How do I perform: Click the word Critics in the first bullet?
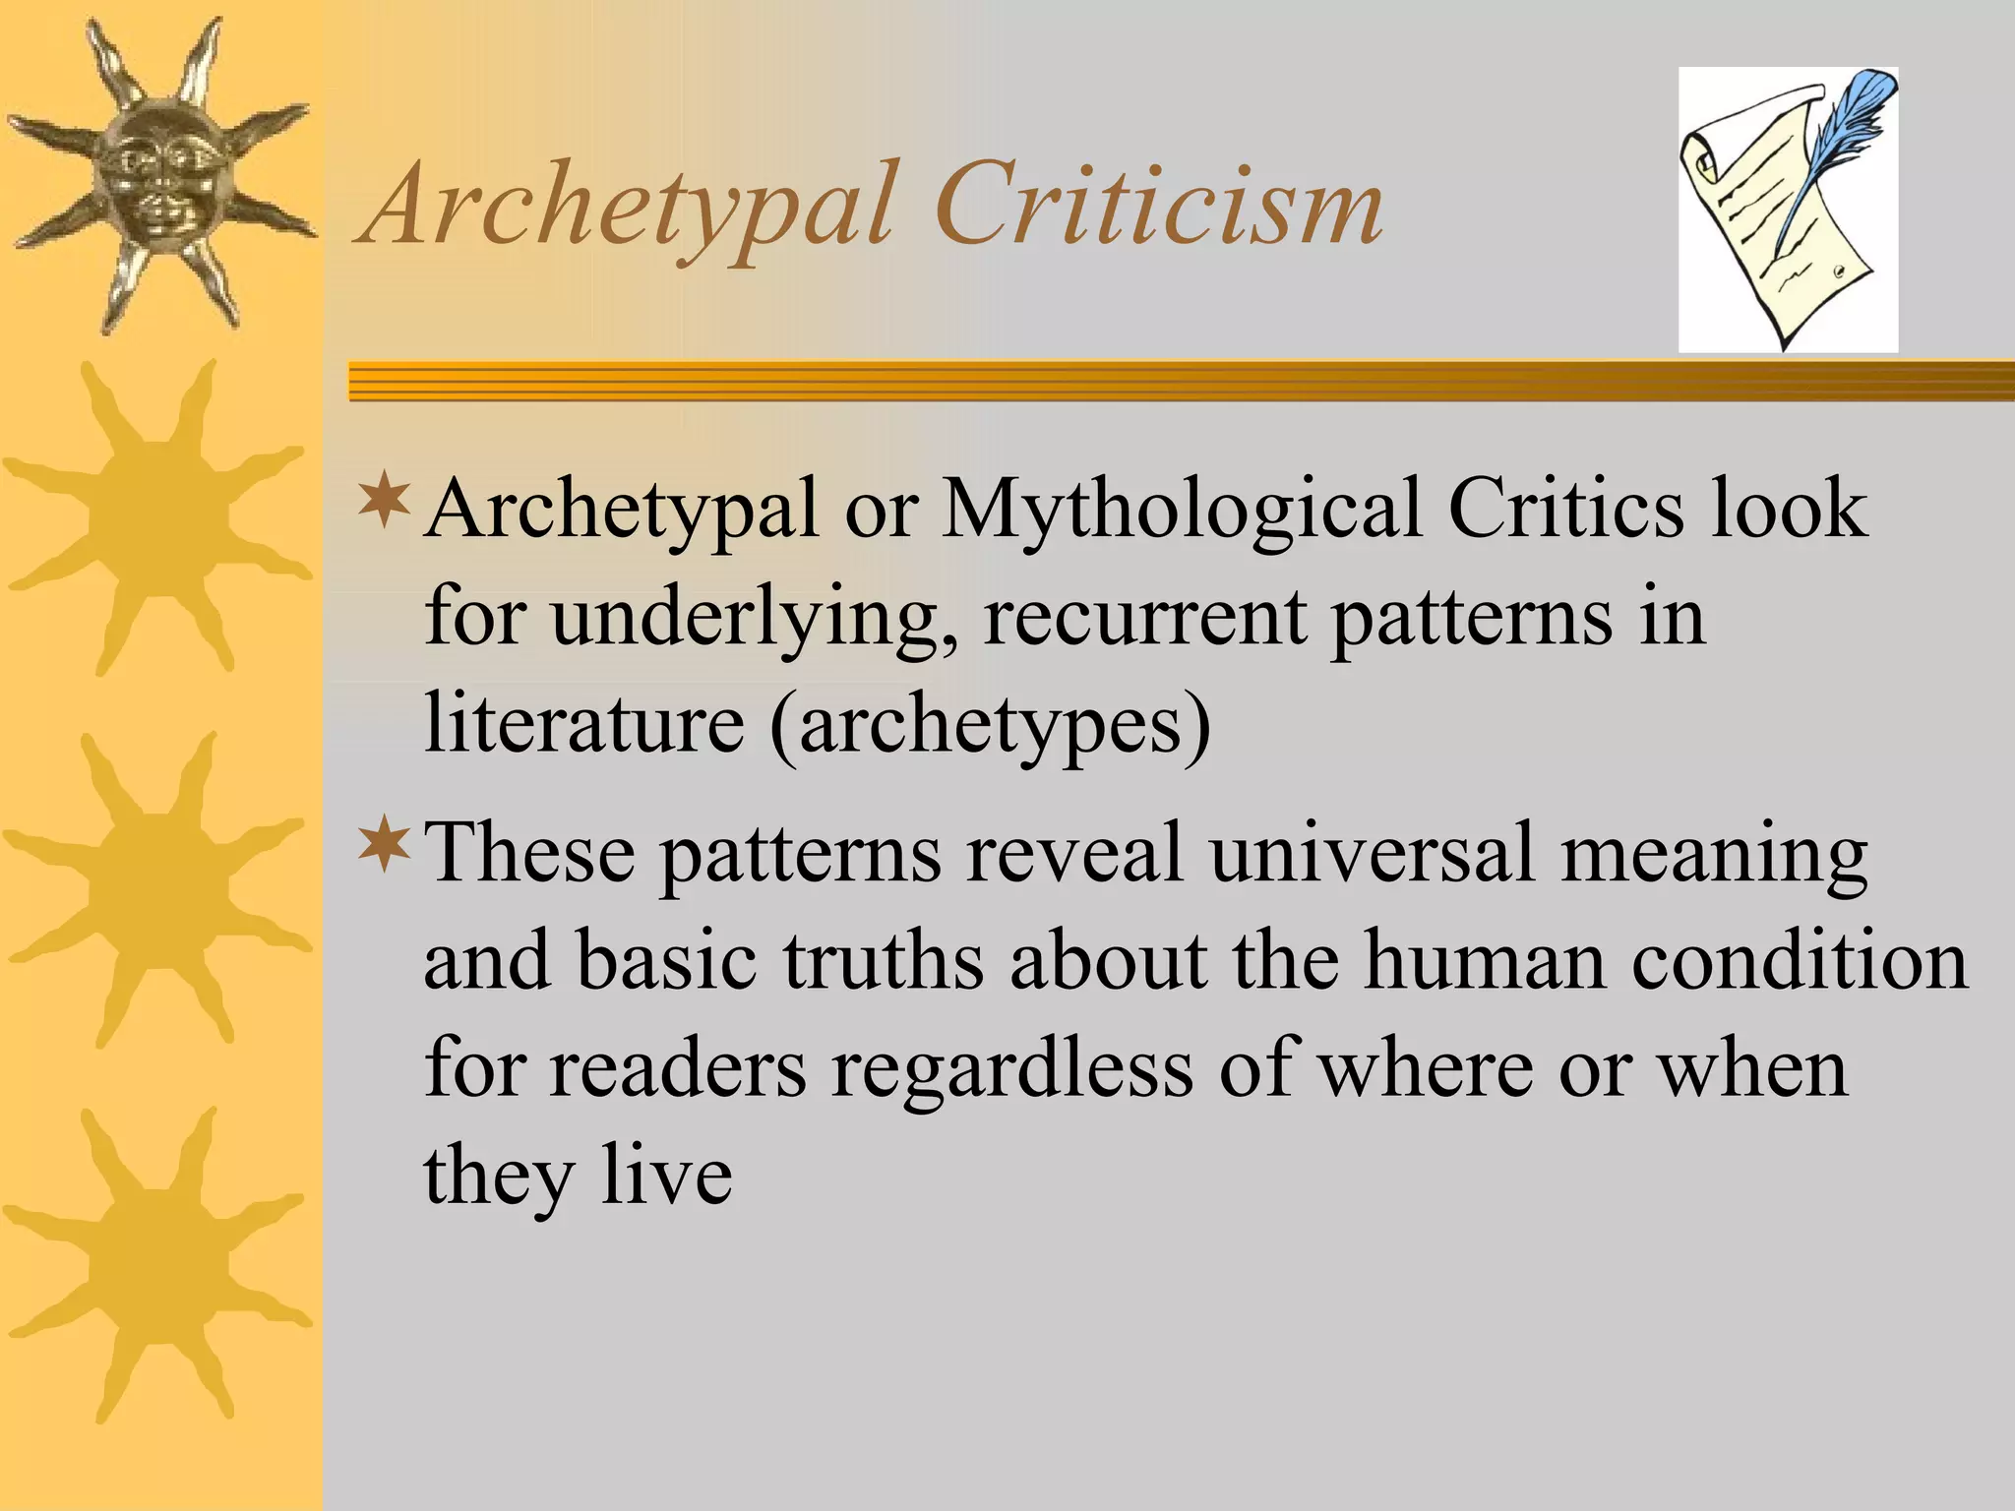[1565, 510]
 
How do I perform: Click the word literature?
[584, 724]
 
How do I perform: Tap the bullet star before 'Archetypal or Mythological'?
[385, 498]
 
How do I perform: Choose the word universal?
[1373, 852]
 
